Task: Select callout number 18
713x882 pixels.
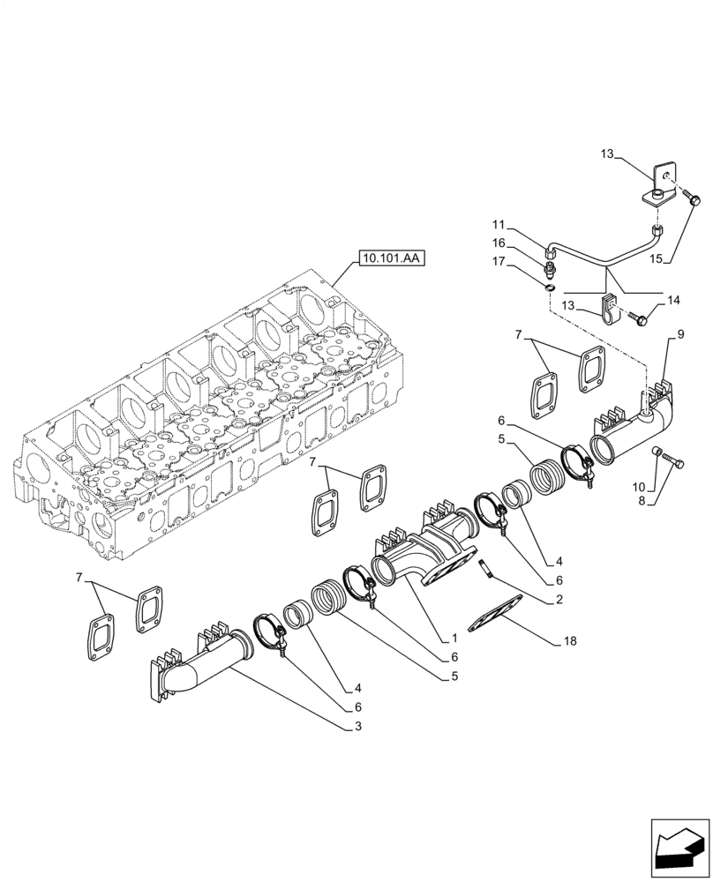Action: click(569, 641)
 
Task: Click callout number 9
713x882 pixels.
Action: click(679, 334)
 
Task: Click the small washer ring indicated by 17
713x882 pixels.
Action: click(548, 284)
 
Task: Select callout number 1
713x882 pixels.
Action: click(453, 638)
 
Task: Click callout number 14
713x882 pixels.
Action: click(674, 301)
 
